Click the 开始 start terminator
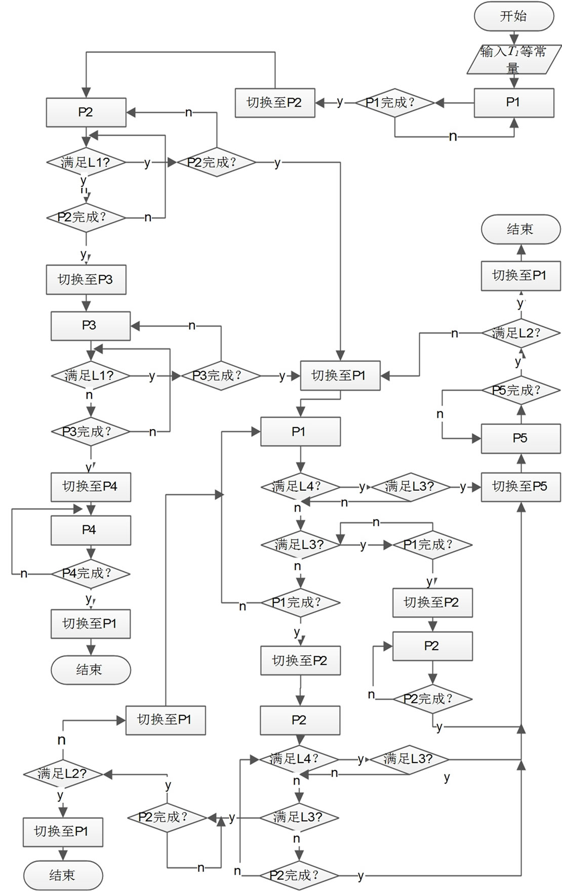tap(513, 16)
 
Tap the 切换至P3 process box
tap(86, 279)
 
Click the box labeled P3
tap(90, 325)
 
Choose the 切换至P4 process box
tap(90, 487)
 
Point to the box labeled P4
tap(90, 530)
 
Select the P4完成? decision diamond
tap(90, 573)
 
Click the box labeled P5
tap(520, 438)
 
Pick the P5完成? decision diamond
tap(520, 391)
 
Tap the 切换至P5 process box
tap(520, 487)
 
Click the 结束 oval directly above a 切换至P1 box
tap(520, 229)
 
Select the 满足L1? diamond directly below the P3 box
tap(90, 376)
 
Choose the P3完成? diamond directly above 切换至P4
tap(90, 432)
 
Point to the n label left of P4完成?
tap(24, 574)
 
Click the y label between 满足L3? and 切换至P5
tap(463, 487)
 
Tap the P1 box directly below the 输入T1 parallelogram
tap(513, 102)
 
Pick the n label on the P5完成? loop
tap(440, 414)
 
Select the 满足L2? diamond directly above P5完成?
tap(520, 333)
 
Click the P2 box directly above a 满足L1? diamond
tap(86, 112)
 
